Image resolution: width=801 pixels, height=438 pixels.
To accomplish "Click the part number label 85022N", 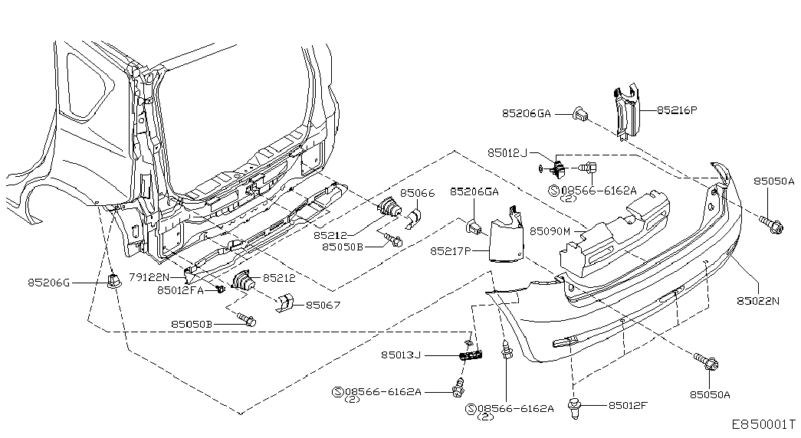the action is coord(758,301).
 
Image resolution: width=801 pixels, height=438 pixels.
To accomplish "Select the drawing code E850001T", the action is coord(763,424).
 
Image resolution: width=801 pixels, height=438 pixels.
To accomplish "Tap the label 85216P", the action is coord(677,110).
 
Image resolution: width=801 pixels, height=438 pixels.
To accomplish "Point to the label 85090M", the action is coord(550,231).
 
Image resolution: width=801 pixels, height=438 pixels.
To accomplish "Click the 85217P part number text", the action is coord(450,251).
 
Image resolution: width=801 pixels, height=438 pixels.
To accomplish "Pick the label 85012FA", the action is coord(180,290).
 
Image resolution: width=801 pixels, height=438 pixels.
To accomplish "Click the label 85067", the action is coord(323,306).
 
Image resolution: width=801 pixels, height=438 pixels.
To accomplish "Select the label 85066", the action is coord(417,193).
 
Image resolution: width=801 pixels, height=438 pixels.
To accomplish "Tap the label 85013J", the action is coord(401,355).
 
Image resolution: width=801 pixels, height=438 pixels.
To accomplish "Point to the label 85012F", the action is coord(628,406).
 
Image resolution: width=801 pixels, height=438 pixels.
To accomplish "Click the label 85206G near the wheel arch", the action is coord(48,283).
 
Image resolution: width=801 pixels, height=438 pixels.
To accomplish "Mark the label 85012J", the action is coord(507,153).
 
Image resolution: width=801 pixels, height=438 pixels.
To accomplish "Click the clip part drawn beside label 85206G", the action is coord(113,279).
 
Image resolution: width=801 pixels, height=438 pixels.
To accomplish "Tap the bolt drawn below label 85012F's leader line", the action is coord(574,409).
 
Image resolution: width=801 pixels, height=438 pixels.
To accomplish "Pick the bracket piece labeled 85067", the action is coord(284,302).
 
